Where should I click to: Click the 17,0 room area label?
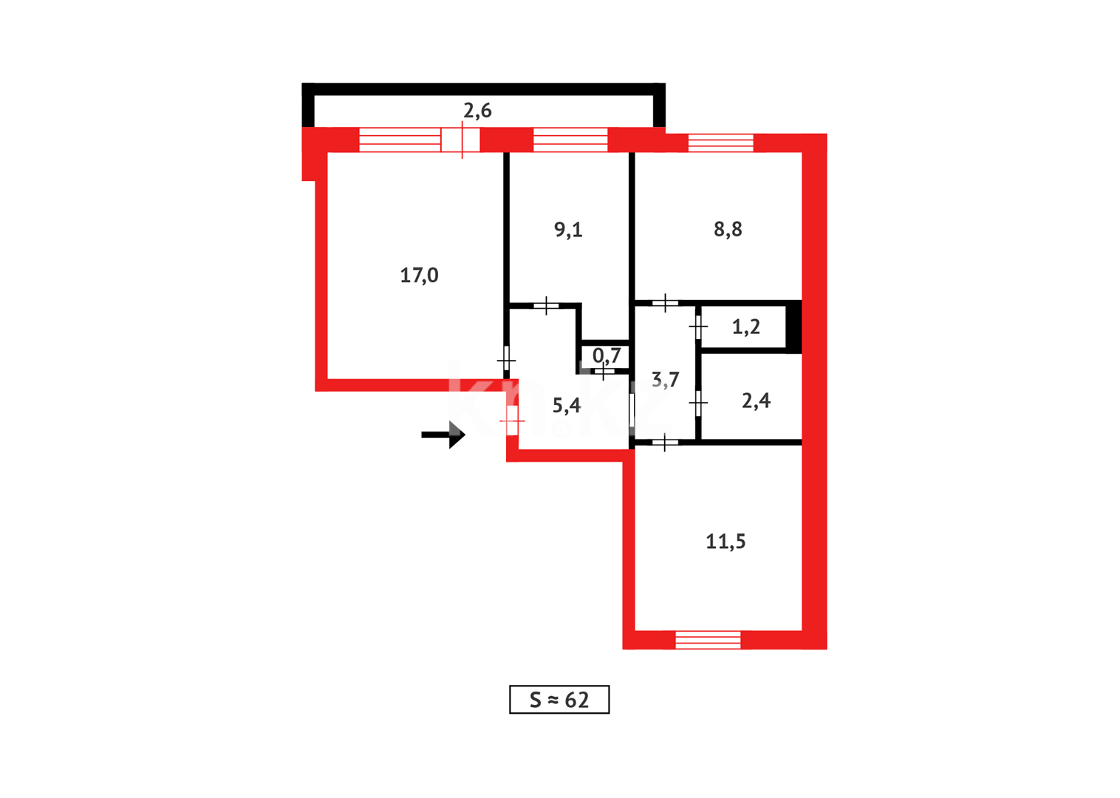coord(419,276)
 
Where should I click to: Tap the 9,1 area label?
coord(568,230)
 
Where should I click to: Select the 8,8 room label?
coord(728,230)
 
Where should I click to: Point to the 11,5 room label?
coord(725,542)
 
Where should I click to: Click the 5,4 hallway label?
coord(567,405)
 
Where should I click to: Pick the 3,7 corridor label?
coord(665,380)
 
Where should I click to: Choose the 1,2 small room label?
coord(746,327)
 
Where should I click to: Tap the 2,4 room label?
coord(756,400)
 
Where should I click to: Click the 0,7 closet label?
coord(607,356)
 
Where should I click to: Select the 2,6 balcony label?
coord(477,111)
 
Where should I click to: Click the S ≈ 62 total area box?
coord(559,700)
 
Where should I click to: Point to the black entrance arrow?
coord(443,434)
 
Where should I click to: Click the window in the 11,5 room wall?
coord(708,640)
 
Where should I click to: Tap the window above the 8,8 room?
coord(720,143)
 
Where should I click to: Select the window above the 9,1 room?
coord(570,140)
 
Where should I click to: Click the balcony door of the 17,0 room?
coord(461,140)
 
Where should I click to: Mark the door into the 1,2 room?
coord(698,326)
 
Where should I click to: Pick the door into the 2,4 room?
coord(698,403)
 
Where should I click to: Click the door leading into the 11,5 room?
coord(664,443)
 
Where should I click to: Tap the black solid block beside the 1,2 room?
coord(793,326)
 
